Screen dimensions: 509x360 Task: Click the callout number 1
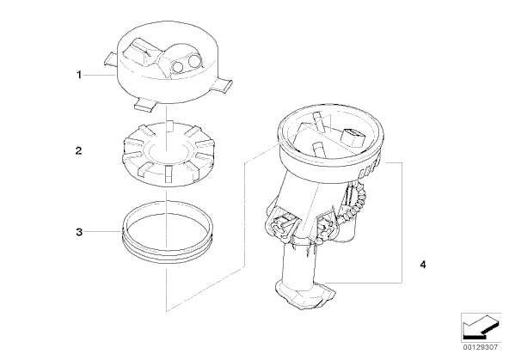tap(79, 76)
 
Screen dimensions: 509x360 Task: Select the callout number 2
tap(78, 151)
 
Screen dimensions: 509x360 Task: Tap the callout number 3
tap(79, 232)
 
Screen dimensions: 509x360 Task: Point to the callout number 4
tap(423, 265)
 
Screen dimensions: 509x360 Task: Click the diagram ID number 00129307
tap(480, 347)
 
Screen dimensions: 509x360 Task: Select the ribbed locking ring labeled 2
tap(168, 154)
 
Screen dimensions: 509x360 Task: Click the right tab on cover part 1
tap(224, 85)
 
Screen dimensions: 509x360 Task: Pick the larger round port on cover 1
tap(195, 61)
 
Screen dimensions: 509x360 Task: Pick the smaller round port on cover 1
tap(178, 66)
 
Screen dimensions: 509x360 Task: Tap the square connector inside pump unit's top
tap(353, 137)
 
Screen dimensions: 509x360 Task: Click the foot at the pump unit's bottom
tap(305, 295)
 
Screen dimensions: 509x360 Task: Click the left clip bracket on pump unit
tap(282, 226)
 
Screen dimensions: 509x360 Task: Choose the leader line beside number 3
tap(102, 232)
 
